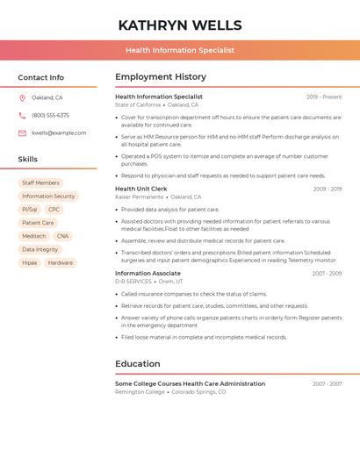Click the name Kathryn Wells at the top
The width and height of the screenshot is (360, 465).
coord(179,25)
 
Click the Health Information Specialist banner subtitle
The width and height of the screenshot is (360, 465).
coord(179,50)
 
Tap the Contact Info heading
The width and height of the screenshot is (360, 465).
coord(41,77)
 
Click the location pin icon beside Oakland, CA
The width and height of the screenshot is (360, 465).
coord(22,97)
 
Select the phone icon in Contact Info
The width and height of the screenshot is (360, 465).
coord(22,115)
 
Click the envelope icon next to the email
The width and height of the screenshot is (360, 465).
coord(22,133)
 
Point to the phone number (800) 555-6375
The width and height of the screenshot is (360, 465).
coord(50,115)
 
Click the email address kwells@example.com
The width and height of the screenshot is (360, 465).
coord(59,133)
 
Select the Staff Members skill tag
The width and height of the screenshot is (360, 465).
coord(40,182)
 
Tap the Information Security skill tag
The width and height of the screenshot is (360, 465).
coord(48,197)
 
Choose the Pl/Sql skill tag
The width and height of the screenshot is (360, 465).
coord(30,210)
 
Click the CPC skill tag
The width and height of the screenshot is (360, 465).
coord(54,210)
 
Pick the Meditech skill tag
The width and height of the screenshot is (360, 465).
coord(34,236)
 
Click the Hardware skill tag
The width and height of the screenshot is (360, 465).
coord(61,262)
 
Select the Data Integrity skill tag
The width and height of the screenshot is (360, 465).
coord(40,249)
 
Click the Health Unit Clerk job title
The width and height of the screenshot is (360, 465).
coord(140,189)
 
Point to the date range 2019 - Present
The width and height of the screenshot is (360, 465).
coord(324,97)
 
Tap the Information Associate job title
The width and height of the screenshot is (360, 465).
coord(148,273)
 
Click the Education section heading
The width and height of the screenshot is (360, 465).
coord(138,363)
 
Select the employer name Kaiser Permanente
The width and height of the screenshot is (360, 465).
coord(139,197)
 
